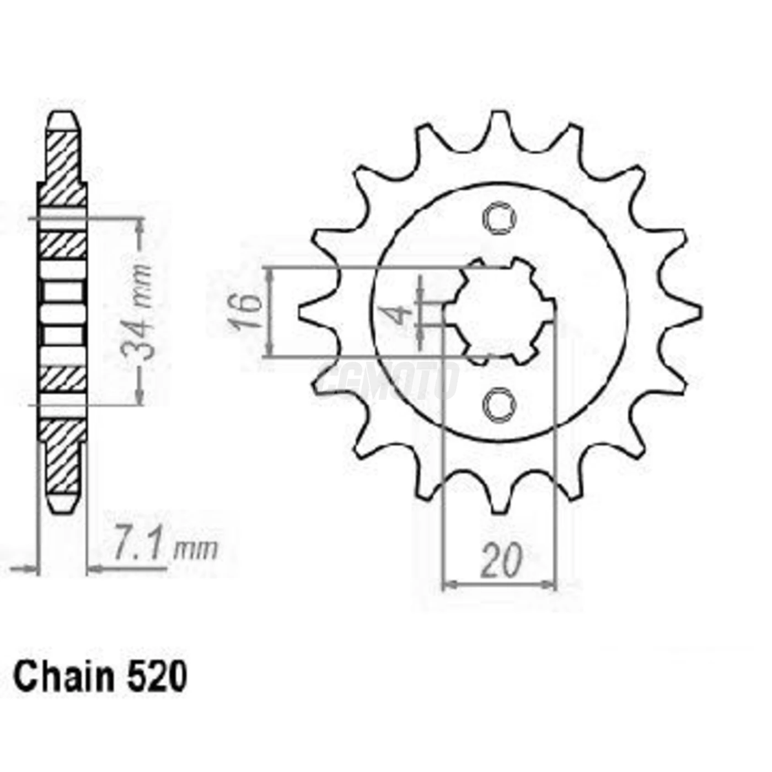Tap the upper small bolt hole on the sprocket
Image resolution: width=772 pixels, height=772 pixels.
[499, 219]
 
